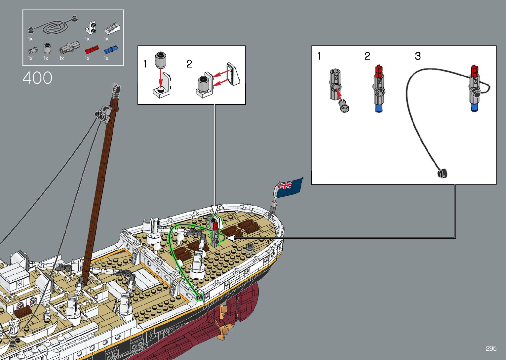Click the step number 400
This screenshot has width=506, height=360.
pyautogui.click(x=37, y=78)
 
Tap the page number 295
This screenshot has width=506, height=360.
pyautogui.click(x=491, y=348)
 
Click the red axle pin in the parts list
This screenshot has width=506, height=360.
pyautogui.click(x=92, y=50)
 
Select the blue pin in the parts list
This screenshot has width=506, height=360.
pyautogui.click(x=111, y=50)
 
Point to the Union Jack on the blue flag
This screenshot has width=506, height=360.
pyautogui.click(x=285, y=185)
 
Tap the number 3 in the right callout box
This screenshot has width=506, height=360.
pyautogui.click(x=418, y=56)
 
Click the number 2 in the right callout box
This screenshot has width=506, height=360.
pyautogui.click(x=367, y=56)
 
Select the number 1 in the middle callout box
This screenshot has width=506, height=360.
pyautogui.click(x=145, y=64)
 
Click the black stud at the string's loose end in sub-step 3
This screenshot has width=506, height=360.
pyautogui.click(x=443, y=173)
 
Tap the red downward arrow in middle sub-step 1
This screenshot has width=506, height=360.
pyautogui.click(x=161, y=78)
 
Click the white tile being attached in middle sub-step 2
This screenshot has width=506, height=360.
pyautogui.click(x=233, y=74)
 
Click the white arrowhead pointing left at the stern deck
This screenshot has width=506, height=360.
pyautogui.click(x=230, y=238)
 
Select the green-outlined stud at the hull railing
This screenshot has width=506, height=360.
pyautogui.click(x=200, y=298)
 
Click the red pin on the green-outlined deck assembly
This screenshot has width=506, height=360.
pyautogui.click(x=215, y=226)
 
